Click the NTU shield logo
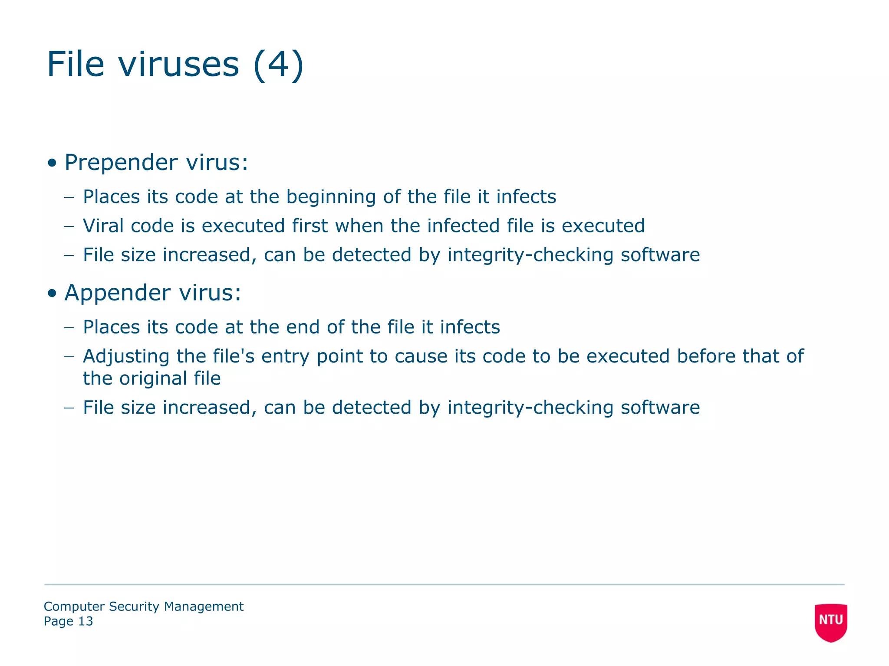click(831, 622)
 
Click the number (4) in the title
click(278, 64)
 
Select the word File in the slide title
click(76, 64)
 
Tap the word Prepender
click(121, 163)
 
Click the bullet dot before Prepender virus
click(52, 163)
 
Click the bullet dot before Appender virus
click(52, 294)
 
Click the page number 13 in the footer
click(86, 621)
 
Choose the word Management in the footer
click(204, 607)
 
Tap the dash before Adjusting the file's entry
click(69, 357)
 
